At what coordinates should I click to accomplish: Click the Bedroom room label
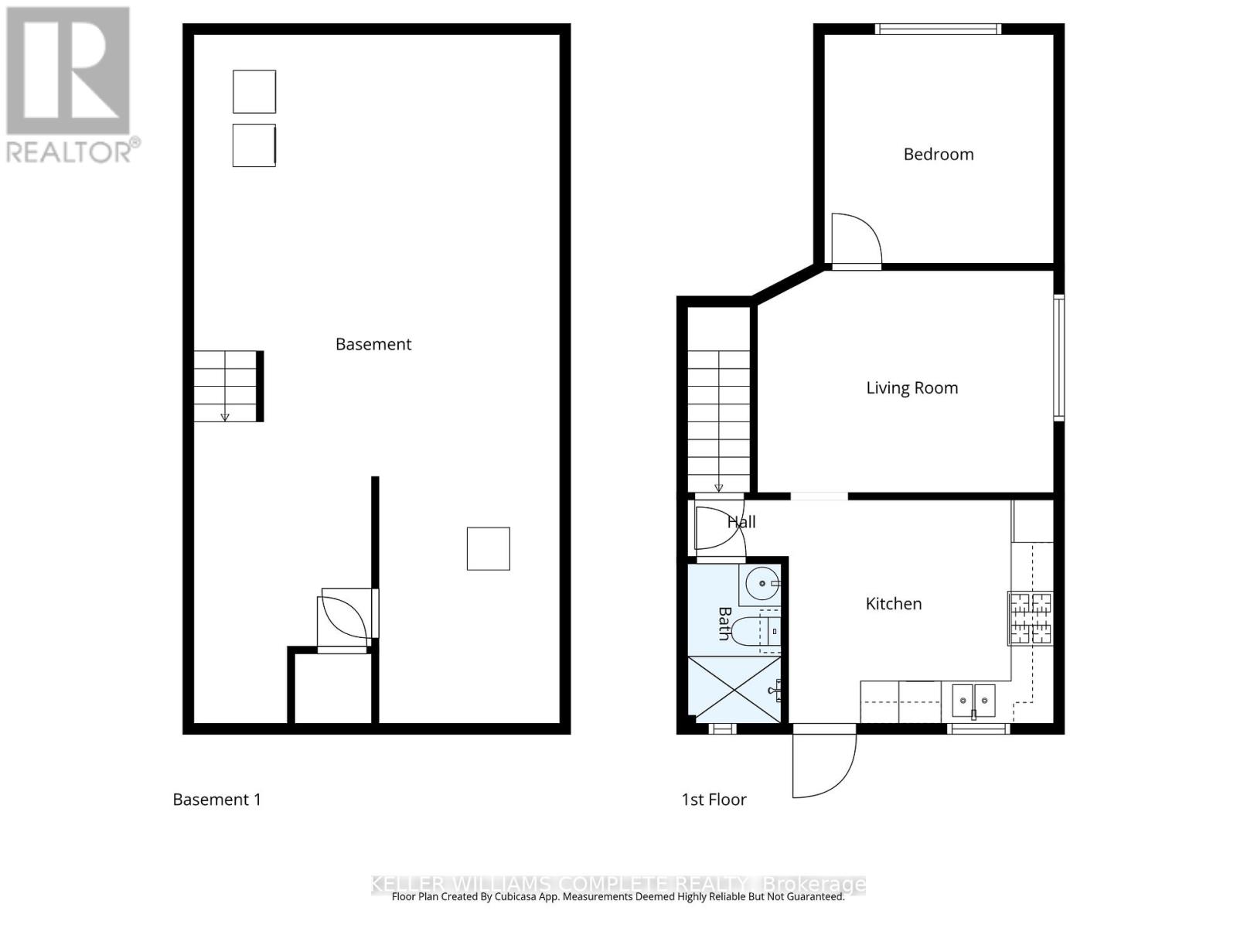[939, 154]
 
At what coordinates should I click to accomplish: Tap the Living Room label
[912, 387]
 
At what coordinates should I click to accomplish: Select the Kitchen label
[893, 604]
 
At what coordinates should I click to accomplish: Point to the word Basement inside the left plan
[373, 344]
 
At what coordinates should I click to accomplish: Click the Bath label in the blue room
[724, 623]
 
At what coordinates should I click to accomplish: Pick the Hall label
[741, 522]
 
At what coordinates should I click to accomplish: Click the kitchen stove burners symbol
[1030, 618]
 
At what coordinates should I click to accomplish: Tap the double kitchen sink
[973, 700]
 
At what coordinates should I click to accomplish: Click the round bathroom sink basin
[762, 584]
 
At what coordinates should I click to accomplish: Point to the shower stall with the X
[734, 690]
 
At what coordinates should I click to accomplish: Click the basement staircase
[226, 386]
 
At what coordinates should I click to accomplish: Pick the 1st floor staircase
[719, 421]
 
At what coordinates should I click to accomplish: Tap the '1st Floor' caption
[714, 800]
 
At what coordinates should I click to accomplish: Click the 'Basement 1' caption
[216, 800]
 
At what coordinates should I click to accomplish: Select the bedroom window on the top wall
[938, 29]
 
